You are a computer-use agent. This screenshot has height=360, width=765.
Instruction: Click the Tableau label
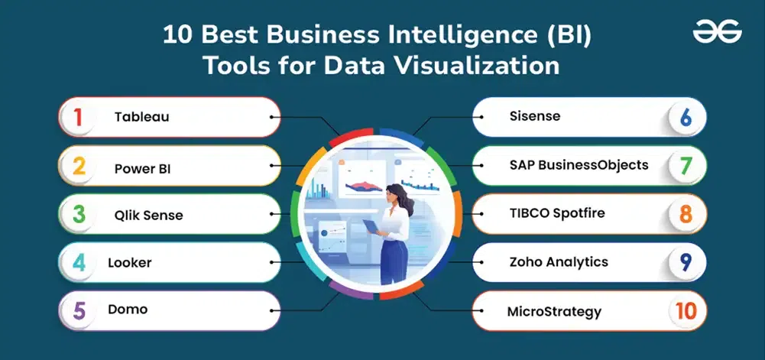tap(142, 117)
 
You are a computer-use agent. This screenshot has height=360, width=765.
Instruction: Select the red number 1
tap(78, 118)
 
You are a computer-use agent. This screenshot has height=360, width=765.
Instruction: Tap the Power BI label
tap(142, 169)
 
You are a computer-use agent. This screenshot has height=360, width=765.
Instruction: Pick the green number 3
tap(79, 214)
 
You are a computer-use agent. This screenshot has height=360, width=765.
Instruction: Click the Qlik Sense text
tap(149, 215)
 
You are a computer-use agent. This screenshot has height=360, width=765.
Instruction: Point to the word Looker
tap(130, 262)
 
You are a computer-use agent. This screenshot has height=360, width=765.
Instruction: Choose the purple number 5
tap(79, 311)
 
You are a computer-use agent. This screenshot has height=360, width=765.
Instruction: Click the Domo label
tap(128, 309)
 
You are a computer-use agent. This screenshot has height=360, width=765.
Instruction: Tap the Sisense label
tap(535, 116)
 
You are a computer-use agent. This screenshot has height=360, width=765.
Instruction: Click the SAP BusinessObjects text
tap(579, 165)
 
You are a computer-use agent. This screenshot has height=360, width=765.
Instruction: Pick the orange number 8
tap(686, 215)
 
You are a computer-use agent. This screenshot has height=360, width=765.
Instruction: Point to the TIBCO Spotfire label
tap(557, 213)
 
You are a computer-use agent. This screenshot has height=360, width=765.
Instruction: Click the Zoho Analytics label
tap(559, 262)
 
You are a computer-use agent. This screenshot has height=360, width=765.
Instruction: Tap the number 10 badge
tap(686, 311)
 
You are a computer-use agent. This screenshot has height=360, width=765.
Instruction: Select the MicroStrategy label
tap(554, 311)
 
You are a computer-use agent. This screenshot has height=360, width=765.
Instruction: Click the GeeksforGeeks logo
tap(717, 34)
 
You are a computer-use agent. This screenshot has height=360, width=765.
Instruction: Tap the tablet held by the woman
tap(371, 226)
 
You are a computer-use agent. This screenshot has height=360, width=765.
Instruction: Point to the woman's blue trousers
tap(394, 261)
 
